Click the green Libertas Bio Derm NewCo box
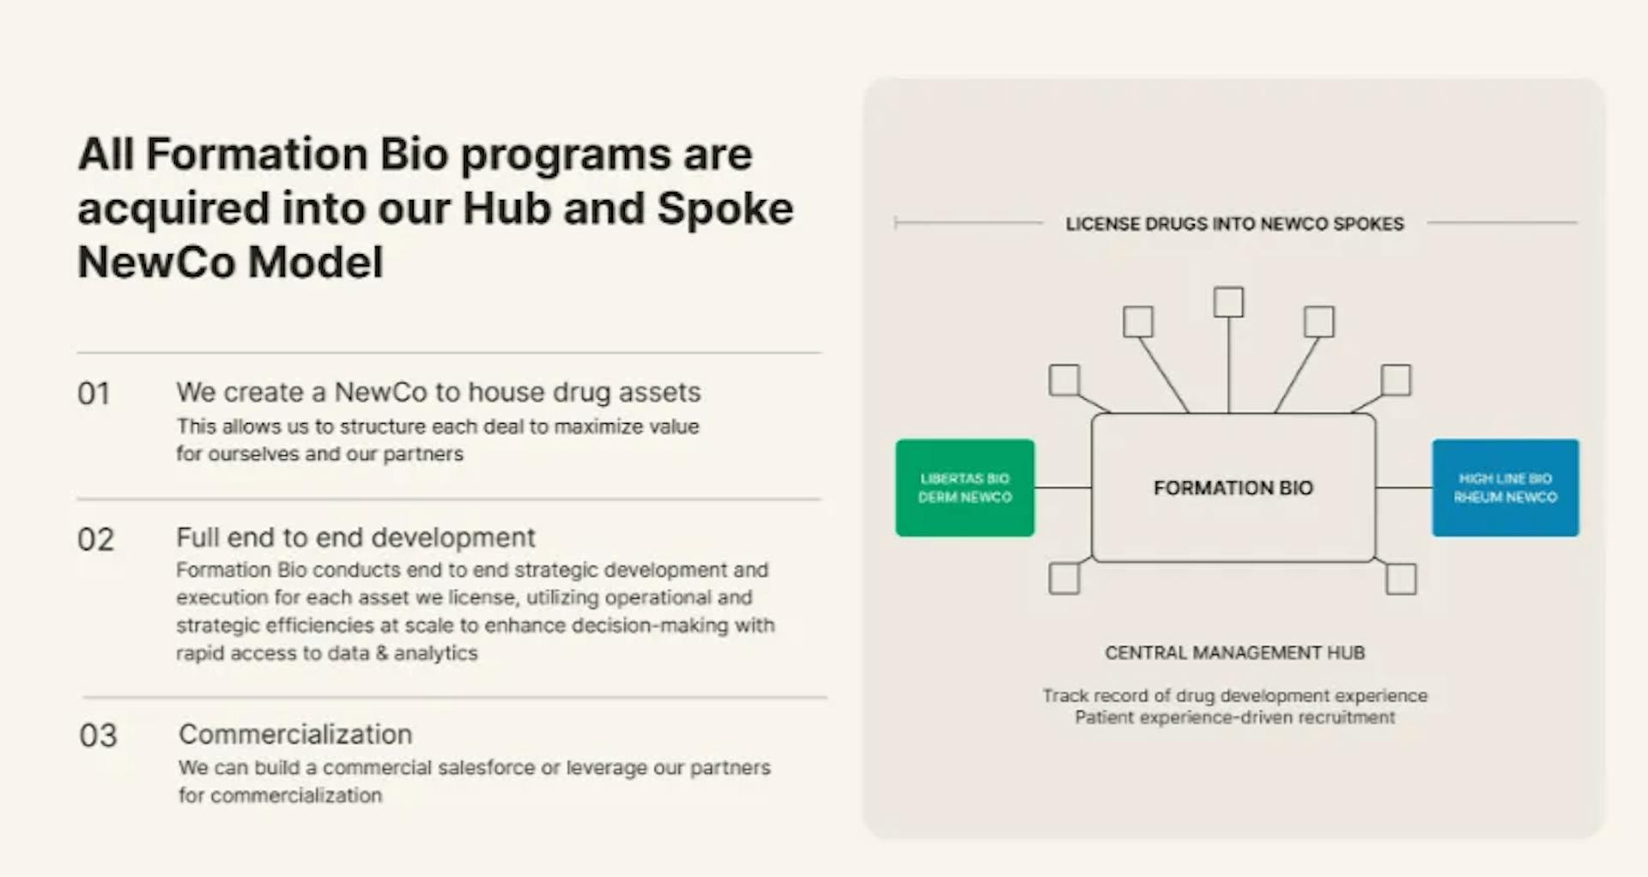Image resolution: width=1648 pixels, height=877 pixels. click(x=965, y=487)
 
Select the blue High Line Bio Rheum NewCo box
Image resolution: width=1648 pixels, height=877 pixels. click(x=1505, y=487)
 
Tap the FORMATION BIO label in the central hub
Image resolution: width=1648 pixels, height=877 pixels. click(x=1233, y=488)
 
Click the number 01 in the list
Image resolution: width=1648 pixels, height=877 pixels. click(x=94, y=394)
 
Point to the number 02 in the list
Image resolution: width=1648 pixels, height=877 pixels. click(x=95, y=540)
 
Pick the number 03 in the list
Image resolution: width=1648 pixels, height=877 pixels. click(x=98, y=735)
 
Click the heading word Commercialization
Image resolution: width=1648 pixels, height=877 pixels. click(x=295, y=735)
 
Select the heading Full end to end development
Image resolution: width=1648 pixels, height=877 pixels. click(x=355, y=538)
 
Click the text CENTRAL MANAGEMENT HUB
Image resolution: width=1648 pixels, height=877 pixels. click(x=1234, y=653)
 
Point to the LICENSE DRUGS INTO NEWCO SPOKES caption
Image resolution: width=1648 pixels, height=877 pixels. click(x=1234, y=224)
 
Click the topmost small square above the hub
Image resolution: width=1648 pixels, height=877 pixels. click(x=1228, y=302)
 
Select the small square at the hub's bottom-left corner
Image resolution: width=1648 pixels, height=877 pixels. click(x=1064, y=578)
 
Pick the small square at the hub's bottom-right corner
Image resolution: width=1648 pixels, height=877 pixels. click(x=1401, y=578)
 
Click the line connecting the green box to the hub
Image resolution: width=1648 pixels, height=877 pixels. click(x=1063, y=487)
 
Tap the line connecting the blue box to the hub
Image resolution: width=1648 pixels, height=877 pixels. click(x=1403, y=487)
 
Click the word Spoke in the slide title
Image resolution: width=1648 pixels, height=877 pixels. click(x=724, y=209)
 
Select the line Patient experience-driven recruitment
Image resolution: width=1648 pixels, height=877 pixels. click(x=1234, y=717)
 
